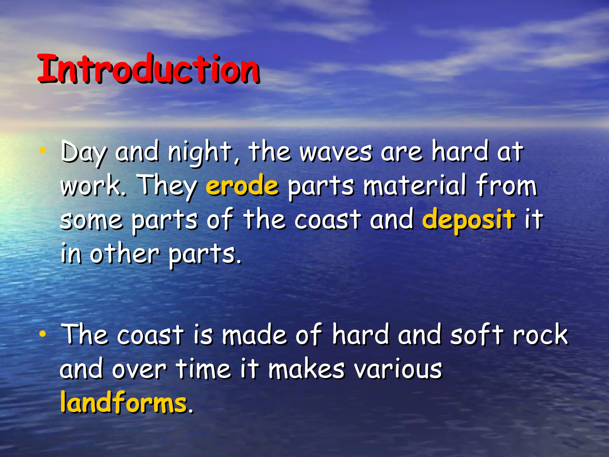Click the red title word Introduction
pyautogui.click(x=149, y=69)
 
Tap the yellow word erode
pyautogui.click(x=242, y=186)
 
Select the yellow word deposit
pyautogui.click(x=468, y=220)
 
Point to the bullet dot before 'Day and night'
pyautogui.click(x=43, y=151)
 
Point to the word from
pyautogui.click(x=506, y=186)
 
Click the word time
pyautogui.click(x=203, y=369)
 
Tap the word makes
pyautogui.click(x=306, y=369)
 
